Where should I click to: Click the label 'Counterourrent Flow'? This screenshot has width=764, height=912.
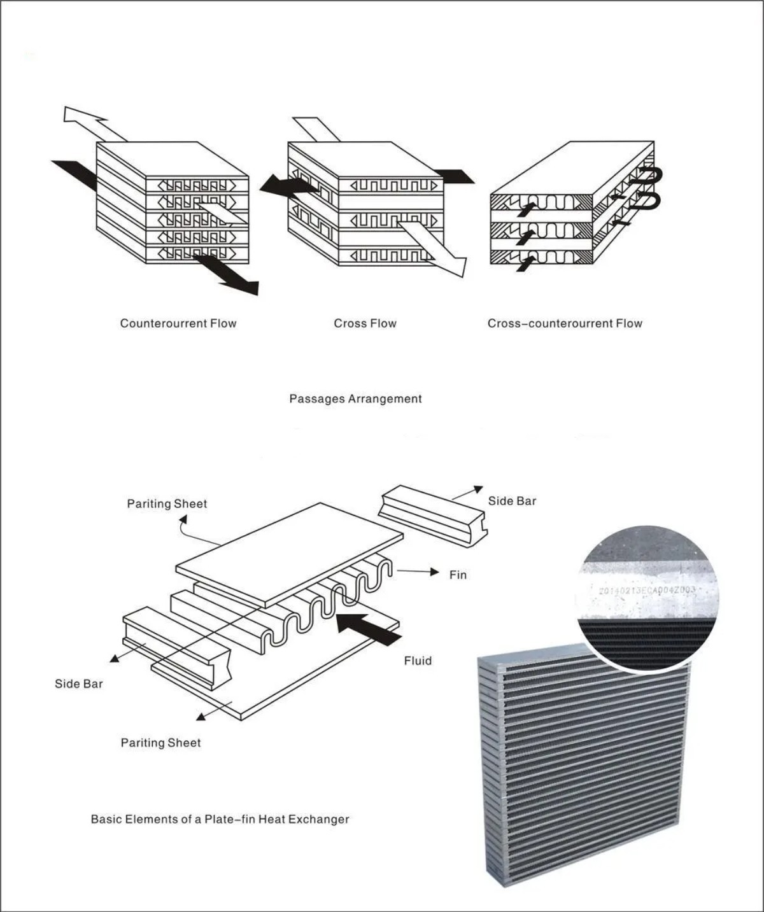[x=178, y=323]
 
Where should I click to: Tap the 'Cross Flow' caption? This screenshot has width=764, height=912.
[x=365, y=323]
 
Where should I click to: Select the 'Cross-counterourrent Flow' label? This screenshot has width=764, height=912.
[x=565, y=323]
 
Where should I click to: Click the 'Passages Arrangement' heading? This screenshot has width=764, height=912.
[x=355, y=399]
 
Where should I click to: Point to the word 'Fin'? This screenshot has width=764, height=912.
[x=458, y=575]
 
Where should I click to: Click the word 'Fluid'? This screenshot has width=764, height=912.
[x=418, y=661]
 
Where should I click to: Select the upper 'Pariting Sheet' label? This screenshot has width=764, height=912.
[x=167, y=503]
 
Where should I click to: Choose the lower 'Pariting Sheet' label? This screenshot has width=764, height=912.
[x=160, y=743]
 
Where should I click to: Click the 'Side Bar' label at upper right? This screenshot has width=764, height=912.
[x=512, y=501]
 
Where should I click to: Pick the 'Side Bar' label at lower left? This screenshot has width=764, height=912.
[x=78, y=684]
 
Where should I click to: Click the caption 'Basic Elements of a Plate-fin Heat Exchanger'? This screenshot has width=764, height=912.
[x=220, y=819]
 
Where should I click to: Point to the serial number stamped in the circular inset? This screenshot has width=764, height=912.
[x=647, y=591]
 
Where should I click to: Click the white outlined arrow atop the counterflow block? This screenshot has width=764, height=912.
[x=89, y=122]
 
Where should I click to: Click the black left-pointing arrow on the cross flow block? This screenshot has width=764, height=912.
[x=286, y=185]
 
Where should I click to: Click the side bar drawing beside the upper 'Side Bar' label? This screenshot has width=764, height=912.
[x=432, y=515]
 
